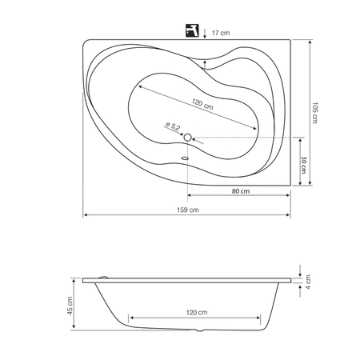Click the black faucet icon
point(192,30)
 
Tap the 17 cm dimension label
point(221,33)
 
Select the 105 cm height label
point(315,113)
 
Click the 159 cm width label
point(188,210)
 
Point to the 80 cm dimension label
point(241,191)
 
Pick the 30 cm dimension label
point(303,165)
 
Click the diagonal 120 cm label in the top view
point(202,104)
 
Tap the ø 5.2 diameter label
point(173,126)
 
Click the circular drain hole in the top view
point(188,138)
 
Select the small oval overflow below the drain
point(185,158)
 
